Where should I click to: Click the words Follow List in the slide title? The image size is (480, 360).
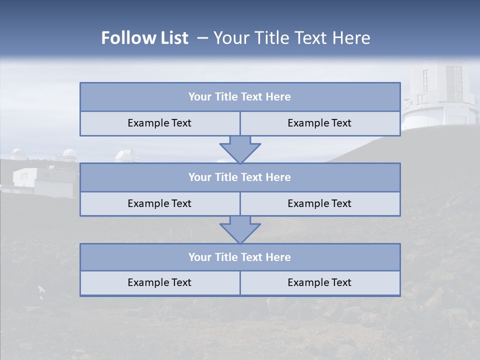point(144,38)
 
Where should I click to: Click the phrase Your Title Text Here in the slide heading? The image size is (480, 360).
point(291,38)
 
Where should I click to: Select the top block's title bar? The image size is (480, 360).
point(239,97)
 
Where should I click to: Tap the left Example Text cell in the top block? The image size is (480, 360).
point(159,123)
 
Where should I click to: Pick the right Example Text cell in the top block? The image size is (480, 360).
point(319,123)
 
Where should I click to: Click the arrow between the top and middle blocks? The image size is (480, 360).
point(240,149)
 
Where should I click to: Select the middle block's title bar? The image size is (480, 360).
point(239,177)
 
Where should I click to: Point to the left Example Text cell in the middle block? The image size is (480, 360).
point(159,203)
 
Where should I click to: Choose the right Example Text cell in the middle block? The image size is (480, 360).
point(319,203)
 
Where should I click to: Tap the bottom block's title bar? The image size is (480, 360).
point(239,257)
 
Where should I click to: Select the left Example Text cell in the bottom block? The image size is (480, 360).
point(159,282)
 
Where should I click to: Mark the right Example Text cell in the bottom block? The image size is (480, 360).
point(319,282)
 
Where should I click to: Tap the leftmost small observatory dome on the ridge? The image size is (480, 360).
point(19,154)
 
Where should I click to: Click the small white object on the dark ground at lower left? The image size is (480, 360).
point(41,289)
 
